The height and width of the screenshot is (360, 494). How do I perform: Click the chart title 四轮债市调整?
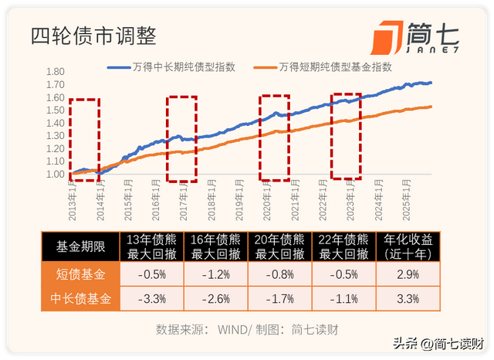93,36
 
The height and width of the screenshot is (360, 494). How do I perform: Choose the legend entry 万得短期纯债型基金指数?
324,67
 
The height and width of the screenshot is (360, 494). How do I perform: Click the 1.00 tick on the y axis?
55,175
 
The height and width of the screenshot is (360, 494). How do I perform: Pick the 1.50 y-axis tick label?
55,111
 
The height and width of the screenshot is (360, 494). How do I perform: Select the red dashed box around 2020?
274,137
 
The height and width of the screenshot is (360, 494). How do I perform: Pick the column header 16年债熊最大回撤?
216,247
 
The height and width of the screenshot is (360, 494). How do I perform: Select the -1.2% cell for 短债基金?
216,274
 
